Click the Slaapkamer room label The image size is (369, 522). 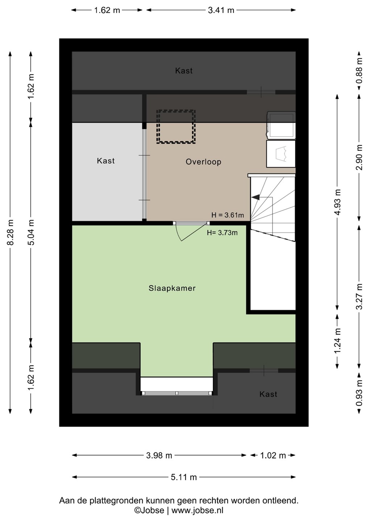(x=172, y=288)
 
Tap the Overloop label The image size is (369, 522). (x=203, y=162)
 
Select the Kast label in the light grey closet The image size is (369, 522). (x=106, y=161)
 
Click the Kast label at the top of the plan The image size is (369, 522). (x=184, y=71)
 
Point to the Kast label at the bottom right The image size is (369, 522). (x=268, y=394)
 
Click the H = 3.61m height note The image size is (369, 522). (x=228, y=215)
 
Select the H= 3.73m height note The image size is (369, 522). (x=222, y=233)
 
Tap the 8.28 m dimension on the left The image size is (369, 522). (x=11, y=232)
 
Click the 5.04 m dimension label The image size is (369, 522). (x=31, y=232)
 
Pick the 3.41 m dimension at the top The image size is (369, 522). (x=221, y=10)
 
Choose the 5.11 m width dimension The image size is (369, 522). (x=184, y=477)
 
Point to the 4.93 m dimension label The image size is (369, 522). (x=337, y=202)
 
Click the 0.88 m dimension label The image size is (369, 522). (x=359, y=71)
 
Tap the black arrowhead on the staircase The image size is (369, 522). (x=256, y=197)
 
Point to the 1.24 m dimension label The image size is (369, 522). (x=337, y=340)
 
